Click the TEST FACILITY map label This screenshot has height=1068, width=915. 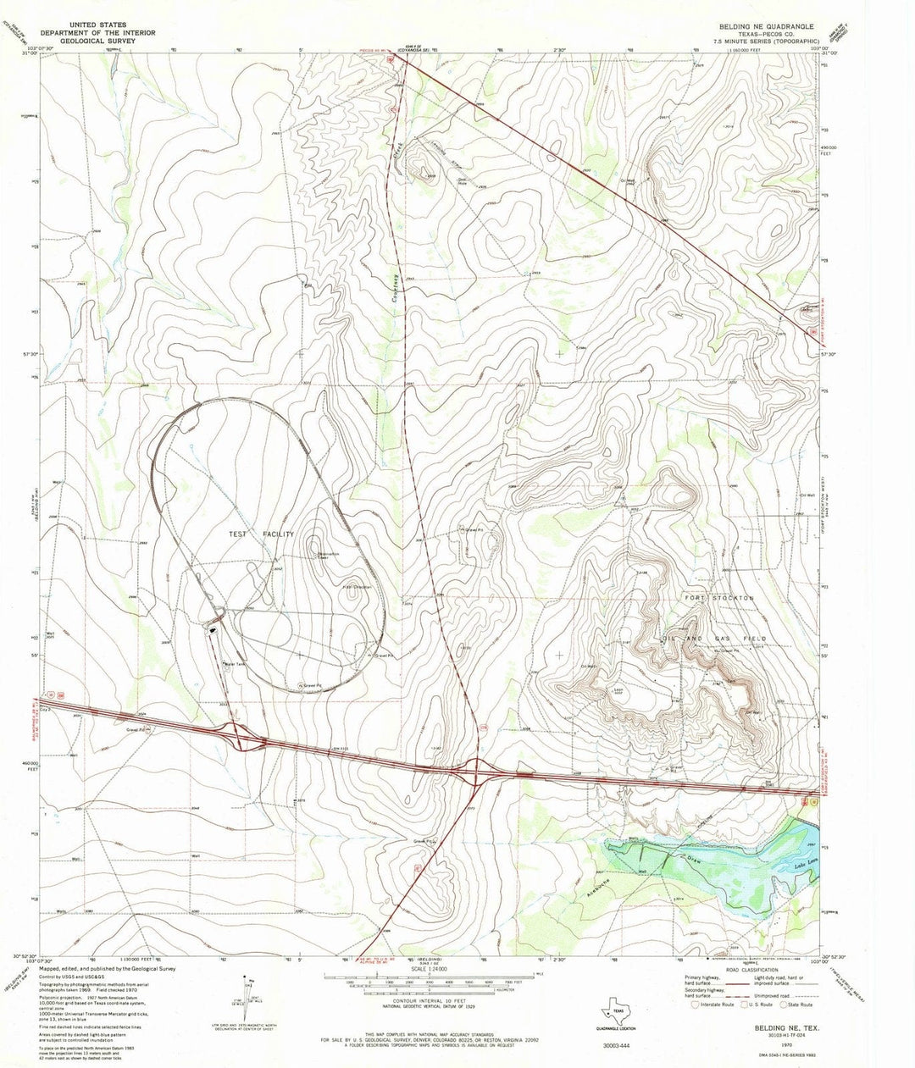coord(260,534)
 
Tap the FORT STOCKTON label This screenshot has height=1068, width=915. coord(720,598)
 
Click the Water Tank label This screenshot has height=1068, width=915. coord(234,663)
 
